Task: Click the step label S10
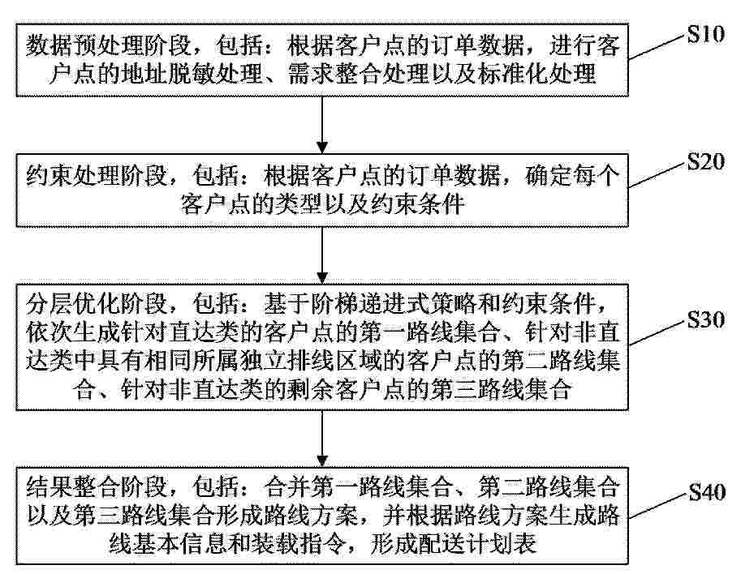tap(705, 34)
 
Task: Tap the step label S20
tap(705, 161)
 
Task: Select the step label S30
tap(705, 319)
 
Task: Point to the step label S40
tap(707, 492)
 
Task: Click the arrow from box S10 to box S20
tap(322, 125)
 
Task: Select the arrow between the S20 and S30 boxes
tap(322, 255)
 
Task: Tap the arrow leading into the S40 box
tap(322, 439)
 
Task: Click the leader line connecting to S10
tap(657, 47)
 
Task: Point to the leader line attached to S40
tap(658, 506)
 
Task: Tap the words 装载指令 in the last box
tap(299, 543)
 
